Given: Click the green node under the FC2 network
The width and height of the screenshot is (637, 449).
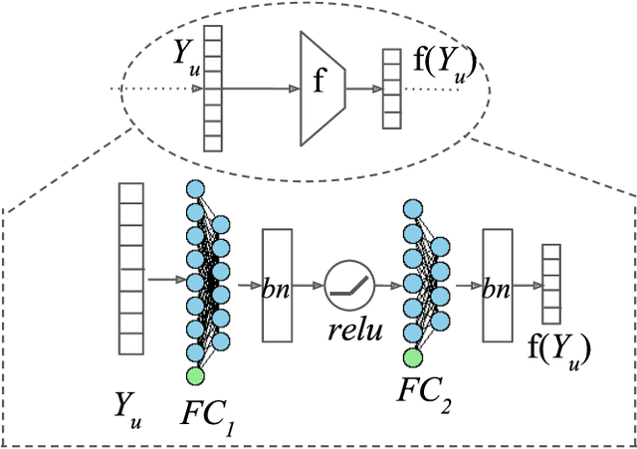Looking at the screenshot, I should click(411, 357).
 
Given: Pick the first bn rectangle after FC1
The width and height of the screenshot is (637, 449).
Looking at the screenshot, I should click(277, 285).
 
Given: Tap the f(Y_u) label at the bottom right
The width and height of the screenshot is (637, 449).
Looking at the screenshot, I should click(559, 348).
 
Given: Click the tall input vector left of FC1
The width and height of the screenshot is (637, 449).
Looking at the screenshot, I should click(132, 268).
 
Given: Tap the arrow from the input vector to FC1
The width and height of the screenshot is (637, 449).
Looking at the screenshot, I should click(165, 280).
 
